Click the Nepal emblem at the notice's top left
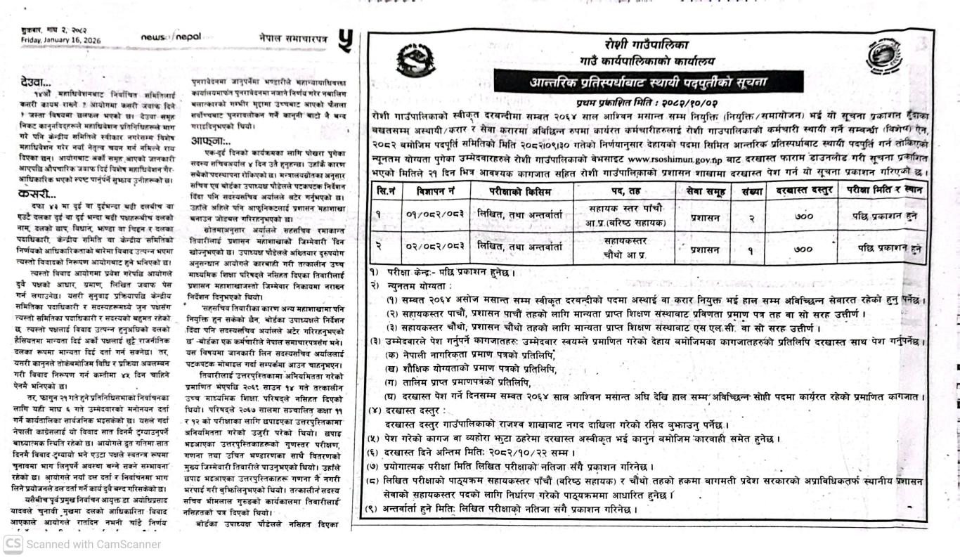(415, 61)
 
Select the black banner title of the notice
(647, 82)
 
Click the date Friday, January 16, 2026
(60, 40)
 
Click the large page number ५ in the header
(345, 40)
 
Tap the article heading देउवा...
(37, 82)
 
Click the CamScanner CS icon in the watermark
(12, 544)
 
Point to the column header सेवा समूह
(704, 190)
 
